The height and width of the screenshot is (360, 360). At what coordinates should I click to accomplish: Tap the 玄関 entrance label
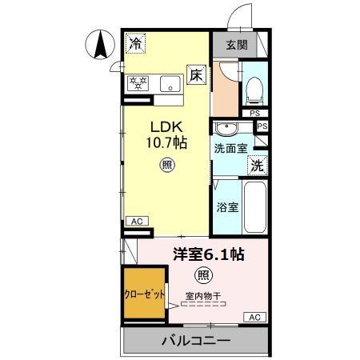coord(236,44)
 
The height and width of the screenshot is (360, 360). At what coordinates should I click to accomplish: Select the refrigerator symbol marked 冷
coord(138,44)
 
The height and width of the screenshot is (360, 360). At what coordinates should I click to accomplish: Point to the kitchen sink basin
coord(171,82)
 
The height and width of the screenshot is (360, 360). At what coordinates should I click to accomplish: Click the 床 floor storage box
coord(196,74)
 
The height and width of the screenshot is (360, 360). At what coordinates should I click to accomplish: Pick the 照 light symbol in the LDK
coord(167,166)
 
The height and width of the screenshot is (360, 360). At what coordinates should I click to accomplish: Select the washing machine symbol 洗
coord(258,166)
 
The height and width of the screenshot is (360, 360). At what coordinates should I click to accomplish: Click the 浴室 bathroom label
coord(227,207)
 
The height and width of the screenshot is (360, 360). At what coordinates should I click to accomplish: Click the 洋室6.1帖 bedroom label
coord(209,254)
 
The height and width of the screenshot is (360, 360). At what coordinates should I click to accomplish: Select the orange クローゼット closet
coord(145,294)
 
